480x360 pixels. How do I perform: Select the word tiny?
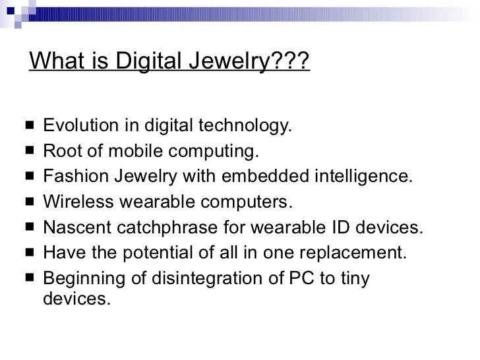[355, 279]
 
